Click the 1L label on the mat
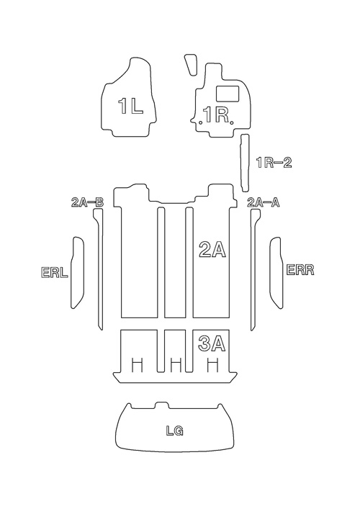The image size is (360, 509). tap(130, 106)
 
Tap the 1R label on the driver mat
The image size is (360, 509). tap(216, 114)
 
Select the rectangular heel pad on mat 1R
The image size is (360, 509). tap(228, 93)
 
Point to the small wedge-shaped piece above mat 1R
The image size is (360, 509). tap(191, 65)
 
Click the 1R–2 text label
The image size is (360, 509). tap(274, 162)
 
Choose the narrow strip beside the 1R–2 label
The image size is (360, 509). tap(244, 163)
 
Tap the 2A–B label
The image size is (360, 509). tap(87, 202)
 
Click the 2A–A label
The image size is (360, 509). tap(264, 202)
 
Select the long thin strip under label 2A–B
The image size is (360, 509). tap(99, 269)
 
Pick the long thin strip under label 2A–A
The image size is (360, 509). tap(254, 269)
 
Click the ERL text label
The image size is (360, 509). tap(55, 272)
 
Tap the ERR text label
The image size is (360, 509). tap(300, 270)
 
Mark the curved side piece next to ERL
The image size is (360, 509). tap(78, 273)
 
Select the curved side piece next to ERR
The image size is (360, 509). tap(276, 273)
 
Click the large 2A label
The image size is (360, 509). tap(212, 250)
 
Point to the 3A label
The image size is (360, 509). tap(212, 343)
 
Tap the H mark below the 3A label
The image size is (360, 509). tap(212, 365)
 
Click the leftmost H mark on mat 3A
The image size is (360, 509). tap(138, 365)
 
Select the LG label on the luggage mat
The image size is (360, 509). tap(175, 431)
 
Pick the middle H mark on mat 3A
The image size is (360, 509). tap(176, 365)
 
